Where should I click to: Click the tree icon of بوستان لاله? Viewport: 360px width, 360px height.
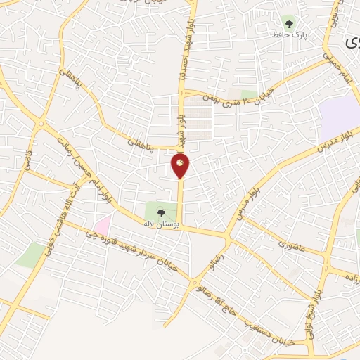pyautogui.click(x=160, y=210)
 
